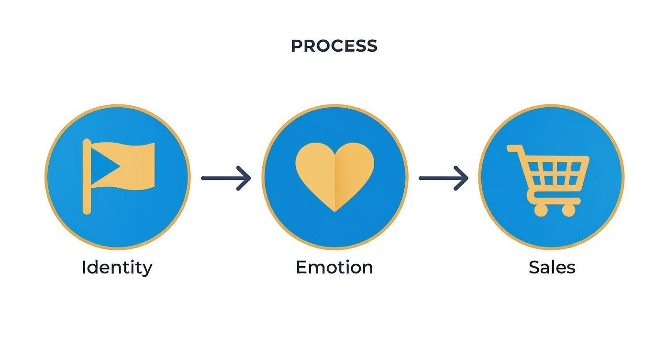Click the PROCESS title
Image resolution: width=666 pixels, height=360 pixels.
point(334,46)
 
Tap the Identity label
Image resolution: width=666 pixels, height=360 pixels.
point(117,267)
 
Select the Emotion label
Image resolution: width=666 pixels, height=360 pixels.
point(334,267)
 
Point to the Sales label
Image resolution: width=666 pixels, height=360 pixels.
point(552,267)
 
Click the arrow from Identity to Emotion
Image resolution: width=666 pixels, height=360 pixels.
point(225,178)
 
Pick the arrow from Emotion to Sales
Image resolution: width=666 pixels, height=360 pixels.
point(443,178)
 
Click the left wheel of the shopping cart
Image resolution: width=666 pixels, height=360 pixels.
point(541,210)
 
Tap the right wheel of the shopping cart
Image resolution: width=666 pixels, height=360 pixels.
point(569,210)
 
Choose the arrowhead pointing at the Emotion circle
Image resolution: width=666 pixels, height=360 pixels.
point(245,178)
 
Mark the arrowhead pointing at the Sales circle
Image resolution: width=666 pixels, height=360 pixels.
point(462,178)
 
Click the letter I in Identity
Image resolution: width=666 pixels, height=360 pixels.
point(84,267)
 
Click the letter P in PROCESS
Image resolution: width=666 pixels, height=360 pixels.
point(297,46)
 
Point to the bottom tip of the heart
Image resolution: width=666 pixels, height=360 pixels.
point(334,210)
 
